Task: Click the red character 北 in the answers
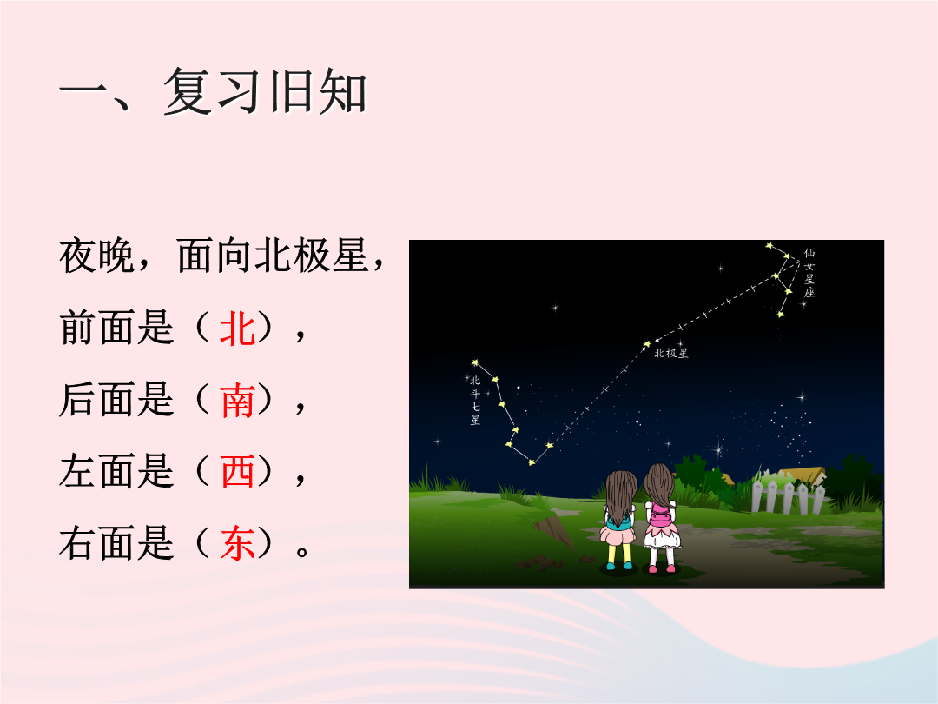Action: tap(237, 329)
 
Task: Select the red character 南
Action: tap(237, 401)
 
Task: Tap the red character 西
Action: tap(237, 472)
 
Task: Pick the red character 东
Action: tap(237, 543)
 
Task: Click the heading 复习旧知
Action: tap(264, 91)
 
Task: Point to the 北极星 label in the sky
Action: tap(671, 353)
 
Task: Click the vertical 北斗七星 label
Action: tap(475, 400)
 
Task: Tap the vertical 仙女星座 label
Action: tap(809, 273)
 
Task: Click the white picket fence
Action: tap(787, 495)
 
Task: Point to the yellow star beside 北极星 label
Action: tap(646, 344)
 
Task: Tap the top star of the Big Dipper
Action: tap(475, 362)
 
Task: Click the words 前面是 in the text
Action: tap(117, 329)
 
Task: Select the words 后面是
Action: tap(117, 401)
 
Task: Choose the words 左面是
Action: tap(117, 472)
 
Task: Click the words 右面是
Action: tap(117, 543)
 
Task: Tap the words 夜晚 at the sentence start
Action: tap(97, 256)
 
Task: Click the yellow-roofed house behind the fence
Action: tap(801, 475)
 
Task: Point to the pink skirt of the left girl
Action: tap(618, 534)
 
